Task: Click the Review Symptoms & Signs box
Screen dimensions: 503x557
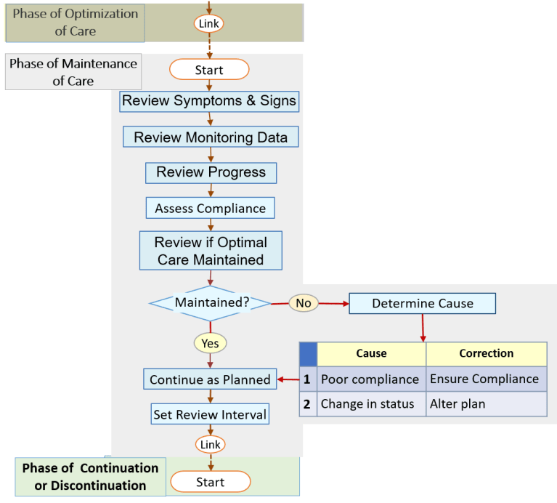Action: point(209,101)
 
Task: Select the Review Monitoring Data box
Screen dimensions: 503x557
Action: point(211,137)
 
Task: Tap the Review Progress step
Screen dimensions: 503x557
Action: point(211,172)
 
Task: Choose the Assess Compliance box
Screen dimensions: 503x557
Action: point(211,208)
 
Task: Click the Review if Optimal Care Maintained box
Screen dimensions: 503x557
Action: point(211,250)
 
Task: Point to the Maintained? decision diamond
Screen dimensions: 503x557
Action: point(210,302)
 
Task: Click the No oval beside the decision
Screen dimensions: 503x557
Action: point(304,303)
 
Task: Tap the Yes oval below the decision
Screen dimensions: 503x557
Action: point(210,342)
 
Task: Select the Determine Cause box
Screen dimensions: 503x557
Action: point(422,303)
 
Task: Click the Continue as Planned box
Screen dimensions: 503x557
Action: point(210,379)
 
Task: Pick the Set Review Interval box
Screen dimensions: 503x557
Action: point(210,414)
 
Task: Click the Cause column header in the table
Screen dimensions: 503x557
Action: point(371,354)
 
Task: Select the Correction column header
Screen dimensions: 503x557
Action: point(486,354)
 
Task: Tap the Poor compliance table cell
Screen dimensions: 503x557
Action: point(370,379)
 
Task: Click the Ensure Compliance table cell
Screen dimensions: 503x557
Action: point(485,379)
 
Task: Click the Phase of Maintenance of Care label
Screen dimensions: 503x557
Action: point(73,72)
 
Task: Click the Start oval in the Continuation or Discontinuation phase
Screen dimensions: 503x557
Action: point(210,482)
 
